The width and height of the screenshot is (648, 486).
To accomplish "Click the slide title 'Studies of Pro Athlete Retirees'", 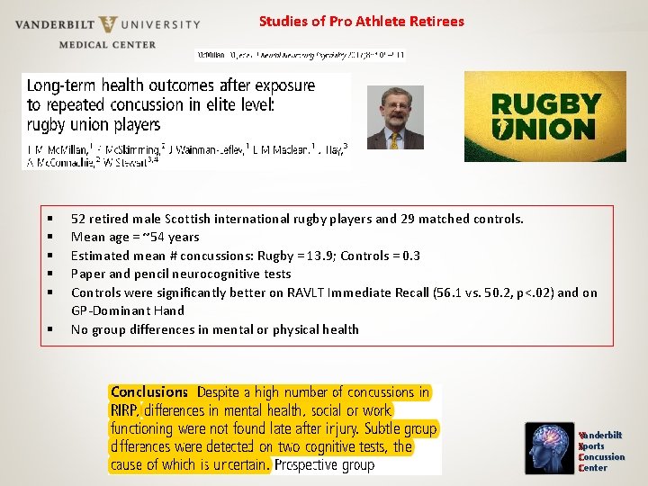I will coord(361,21).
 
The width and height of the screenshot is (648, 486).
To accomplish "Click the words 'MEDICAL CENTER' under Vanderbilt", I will coord(107,44).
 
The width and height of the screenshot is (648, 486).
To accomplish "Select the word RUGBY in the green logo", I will coord(543,102).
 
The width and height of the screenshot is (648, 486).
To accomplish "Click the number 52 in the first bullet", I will coord(78,219).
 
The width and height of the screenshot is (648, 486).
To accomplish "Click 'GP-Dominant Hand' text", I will coord(127,310).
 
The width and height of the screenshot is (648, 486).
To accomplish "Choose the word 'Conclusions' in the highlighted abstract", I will coord(149,391).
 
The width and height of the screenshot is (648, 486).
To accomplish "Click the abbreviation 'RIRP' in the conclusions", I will coord(124,410).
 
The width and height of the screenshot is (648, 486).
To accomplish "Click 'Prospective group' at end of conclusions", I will coord(324,465).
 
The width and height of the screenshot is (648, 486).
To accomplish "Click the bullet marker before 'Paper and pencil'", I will coord(51,274).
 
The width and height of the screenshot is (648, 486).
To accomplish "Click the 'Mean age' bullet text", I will coord(135,238).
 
